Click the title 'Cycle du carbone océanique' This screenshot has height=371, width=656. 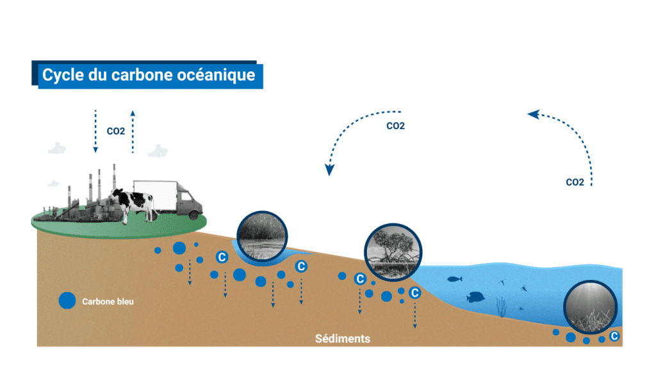tap(149, 75)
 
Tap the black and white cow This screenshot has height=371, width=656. tap(134, 203)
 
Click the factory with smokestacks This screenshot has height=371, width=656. tap(90, 196)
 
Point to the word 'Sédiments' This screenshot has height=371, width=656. tap(343, 338)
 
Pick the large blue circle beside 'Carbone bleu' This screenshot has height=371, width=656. tap(67, 300)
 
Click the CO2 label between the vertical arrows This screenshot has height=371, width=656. tap(116, 131)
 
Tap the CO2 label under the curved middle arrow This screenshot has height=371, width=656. tap(395, 126)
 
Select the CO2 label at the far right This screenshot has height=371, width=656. tap(575, 182)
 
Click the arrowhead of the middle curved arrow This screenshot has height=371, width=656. tap(329, 169)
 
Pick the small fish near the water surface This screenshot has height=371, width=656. tap(454, 279)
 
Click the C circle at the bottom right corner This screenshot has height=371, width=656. tap(614, 336)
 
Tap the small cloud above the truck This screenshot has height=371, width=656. tap(158, 151)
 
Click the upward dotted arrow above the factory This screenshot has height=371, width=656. tap(133, 131)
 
